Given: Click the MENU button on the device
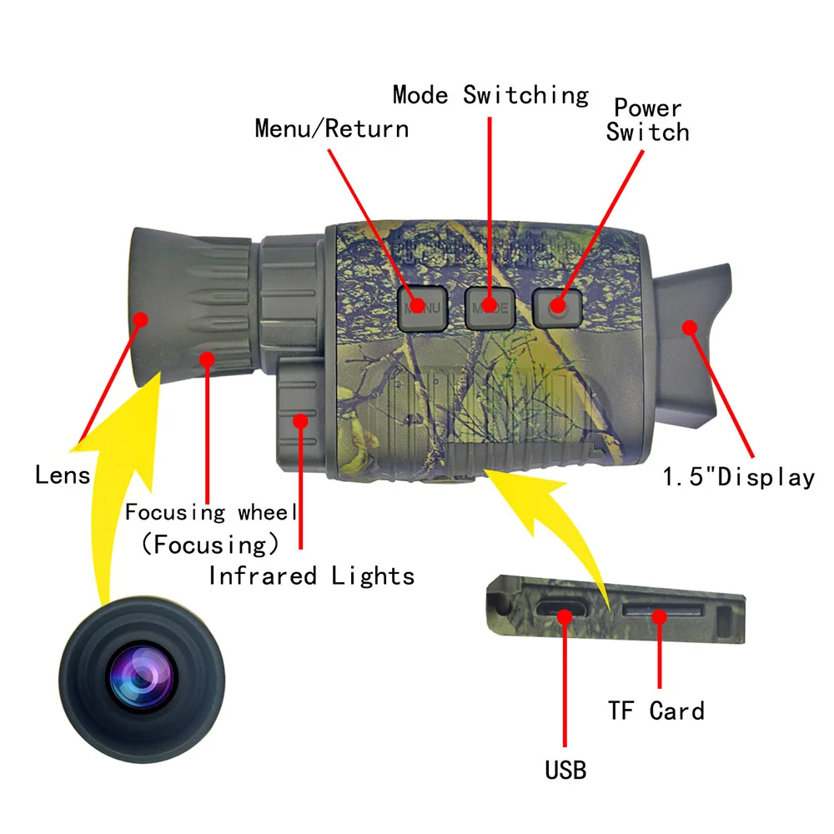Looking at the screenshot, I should click(x=423, y=307).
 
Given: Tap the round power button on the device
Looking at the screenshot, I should click(x=557, y=307).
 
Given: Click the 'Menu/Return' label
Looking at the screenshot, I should click(x=331, y=128).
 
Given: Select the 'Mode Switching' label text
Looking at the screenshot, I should click(x=490, y=95).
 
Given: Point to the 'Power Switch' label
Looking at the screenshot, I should click(x=648, y=120).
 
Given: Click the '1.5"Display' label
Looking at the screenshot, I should click(x=738, y=477).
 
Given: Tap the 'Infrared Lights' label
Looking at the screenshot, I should click(x=311, y=575).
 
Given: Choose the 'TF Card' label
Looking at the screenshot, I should click(x=656, y=711).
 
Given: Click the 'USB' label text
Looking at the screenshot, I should click(x=565, y=769).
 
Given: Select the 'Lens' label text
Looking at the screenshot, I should click(x=62, y=475).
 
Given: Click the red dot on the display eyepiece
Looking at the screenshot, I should click(x=689, y=327).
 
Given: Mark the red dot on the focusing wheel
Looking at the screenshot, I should click(x=207, y=359).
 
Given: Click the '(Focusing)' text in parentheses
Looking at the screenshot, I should click(x=209, y=545).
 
